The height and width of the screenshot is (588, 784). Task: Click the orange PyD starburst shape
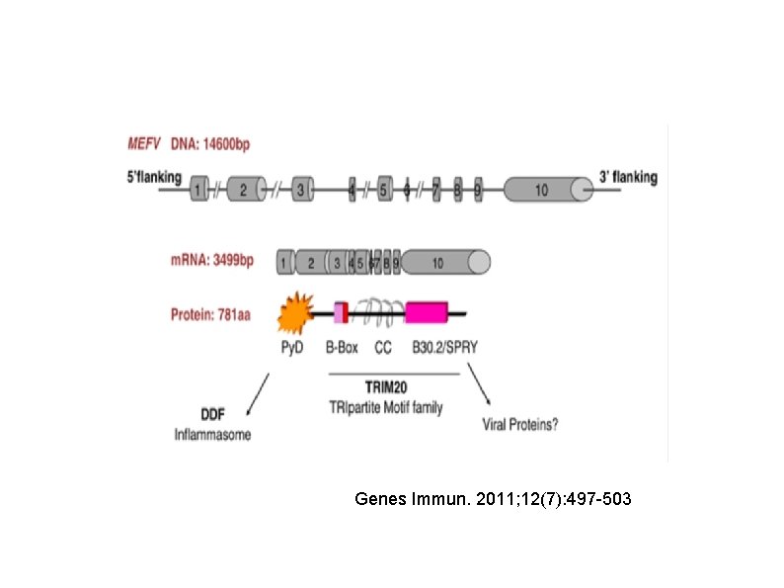pyautogui.click(x=293, y=312)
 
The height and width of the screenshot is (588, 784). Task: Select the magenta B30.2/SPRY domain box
pyautogui.click(x=427, y=312)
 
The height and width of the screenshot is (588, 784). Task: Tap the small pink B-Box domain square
pyautogui.click(x=341, y=312)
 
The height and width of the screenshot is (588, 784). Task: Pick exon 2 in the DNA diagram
pyautogui.click(x=246, y=189)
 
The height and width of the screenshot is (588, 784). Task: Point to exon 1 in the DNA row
pyautogui.click(x=199, y=189)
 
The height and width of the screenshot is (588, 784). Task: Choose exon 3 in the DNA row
pyautogui.click(x=301, y=189)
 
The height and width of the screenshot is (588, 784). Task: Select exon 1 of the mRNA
pyautogui.click(x=284, y=262)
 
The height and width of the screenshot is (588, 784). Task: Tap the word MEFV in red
pyautogui.click(x=144, y=144)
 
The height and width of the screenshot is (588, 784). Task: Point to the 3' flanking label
pyautogui.click(x=628, y=178)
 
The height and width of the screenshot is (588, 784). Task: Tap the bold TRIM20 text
pyautogui.click(x=393, y=389)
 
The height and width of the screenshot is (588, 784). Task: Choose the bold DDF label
pyautogui.click(x=215, y=417)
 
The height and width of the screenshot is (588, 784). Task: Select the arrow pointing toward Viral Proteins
pyautogui.click(x=480, y=388)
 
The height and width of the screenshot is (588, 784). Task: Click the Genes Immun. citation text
pyautogui.click(x=493, y=500)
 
